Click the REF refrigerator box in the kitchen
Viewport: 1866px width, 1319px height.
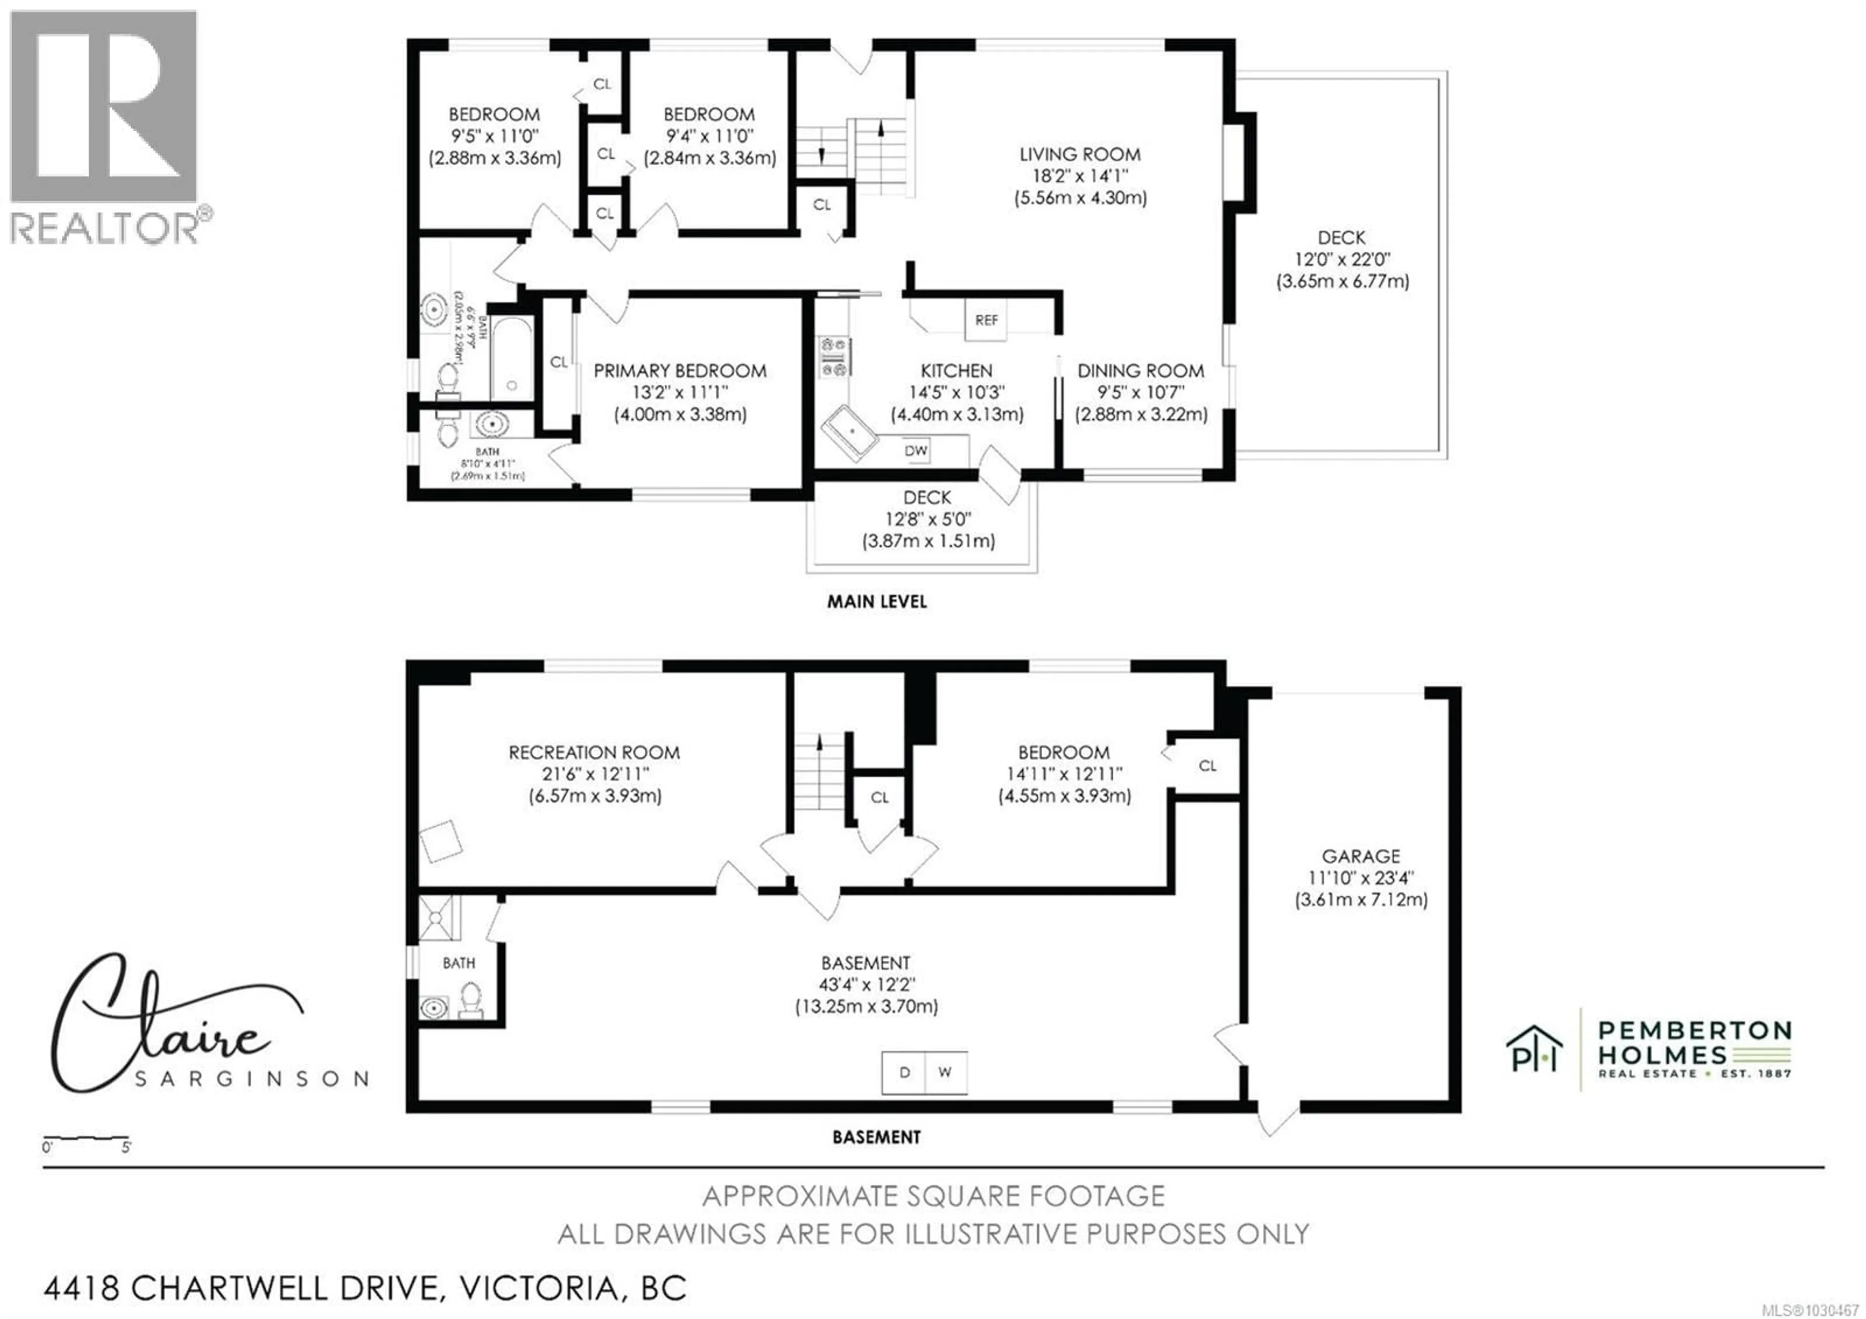tap(986, 319)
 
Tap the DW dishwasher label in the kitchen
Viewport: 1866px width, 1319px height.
tap(916, 450)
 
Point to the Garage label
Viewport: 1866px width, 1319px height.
tap(1361, 856)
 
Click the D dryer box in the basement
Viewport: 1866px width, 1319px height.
tap(904, 1072)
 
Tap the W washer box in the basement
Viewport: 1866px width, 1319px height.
tap(944, 1072)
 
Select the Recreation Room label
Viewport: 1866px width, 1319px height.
tap(594, 752)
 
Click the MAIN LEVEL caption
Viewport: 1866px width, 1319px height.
tap(876, 601)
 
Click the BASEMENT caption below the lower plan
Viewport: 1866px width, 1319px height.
tap(876, 1137)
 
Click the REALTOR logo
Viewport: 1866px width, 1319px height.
tap(104, 126)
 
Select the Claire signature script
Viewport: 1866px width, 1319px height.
tap(162, 1024)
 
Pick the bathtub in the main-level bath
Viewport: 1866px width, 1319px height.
tap(511, 358)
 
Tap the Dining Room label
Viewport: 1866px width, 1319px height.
tap(1140, 371)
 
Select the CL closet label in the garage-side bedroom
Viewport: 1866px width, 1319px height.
tap(1207, 765)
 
